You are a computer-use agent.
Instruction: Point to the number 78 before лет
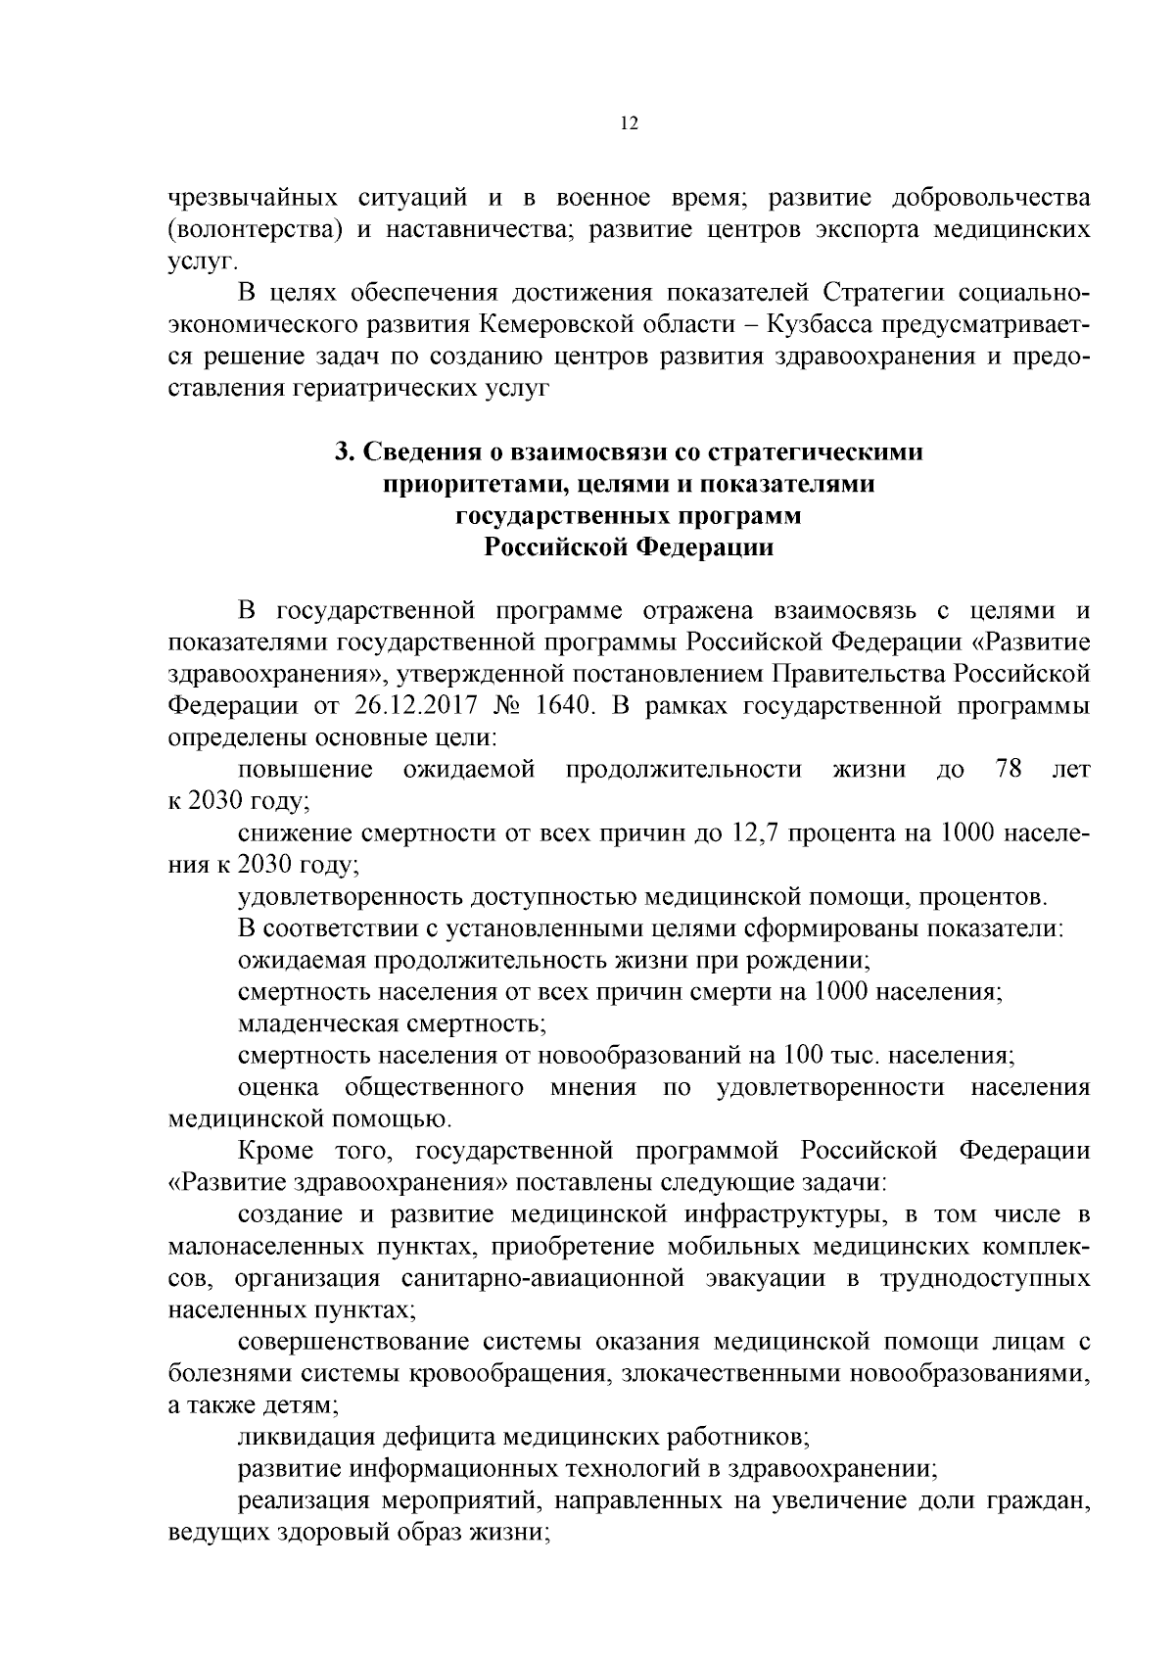pos(1010,769)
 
